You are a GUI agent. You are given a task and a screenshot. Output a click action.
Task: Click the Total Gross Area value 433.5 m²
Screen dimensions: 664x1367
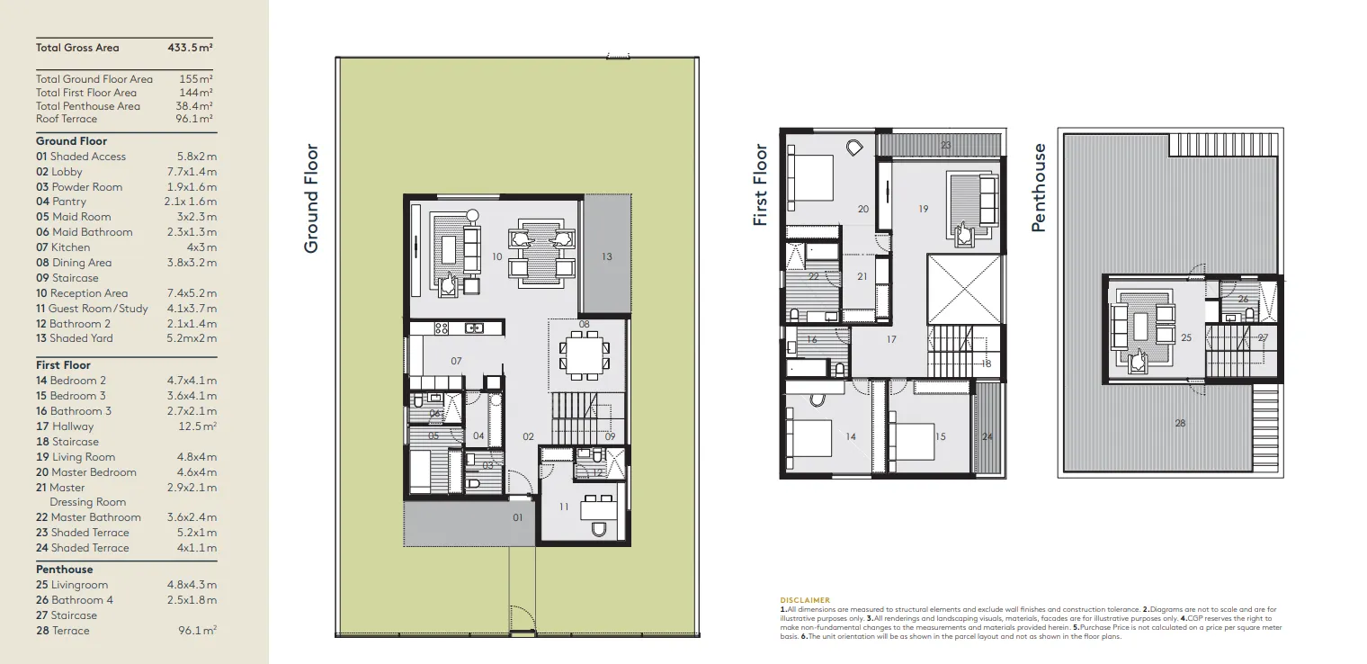tap(190, 48)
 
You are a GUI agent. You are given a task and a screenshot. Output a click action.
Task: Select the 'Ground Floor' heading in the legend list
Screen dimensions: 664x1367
tap(71, 141)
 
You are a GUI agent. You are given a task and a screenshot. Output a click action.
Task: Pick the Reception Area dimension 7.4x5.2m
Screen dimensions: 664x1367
tap(192, 293)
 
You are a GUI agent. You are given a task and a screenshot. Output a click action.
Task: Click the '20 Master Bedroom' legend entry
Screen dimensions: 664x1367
tap(86, 472)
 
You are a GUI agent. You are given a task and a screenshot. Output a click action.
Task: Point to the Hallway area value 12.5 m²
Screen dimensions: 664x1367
tap(196, 426)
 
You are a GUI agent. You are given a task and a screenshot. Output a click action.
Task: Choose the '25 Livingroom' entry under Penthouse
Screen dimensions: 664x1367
tap(72, 585)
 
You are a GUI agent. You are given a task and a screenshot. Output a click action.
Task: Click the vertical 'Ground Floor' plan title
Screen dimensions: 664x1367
tap(311, 198)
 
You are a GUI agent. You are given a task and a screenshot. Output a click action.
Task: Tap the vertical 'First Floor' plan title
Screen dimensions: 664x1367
tap(761, 184)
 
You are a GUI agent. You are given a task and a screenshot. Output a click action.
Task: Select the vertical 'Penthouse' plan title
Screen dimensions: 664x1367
tap(1039, 187)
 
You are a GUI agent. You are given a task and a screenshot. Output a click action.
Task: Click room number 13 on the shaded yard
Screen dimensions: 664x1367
tap(606, 257)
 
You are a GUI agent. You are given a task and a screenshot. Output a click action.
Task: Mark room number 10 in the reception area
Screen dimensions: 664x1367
tap(496, 257)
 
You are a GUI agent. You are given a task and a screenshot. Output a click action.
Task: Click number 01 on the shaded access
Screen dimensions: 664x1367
tap(517, 517)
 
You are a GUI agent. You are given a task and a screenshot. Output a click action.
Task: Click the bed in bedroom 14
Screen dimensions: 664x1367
tap(811, 438)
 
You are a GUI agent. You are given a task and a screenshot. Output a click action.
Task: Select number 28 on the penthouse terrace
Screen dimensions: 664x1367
tap(1180, 423)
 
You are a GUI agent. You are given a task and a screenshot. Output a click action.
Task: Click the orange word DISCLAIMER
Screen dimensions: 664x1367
tap(805, 600)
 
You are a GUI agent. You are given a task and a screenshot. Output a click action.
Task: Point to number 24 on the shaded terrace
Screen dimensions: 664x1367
tap(987, 437)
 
